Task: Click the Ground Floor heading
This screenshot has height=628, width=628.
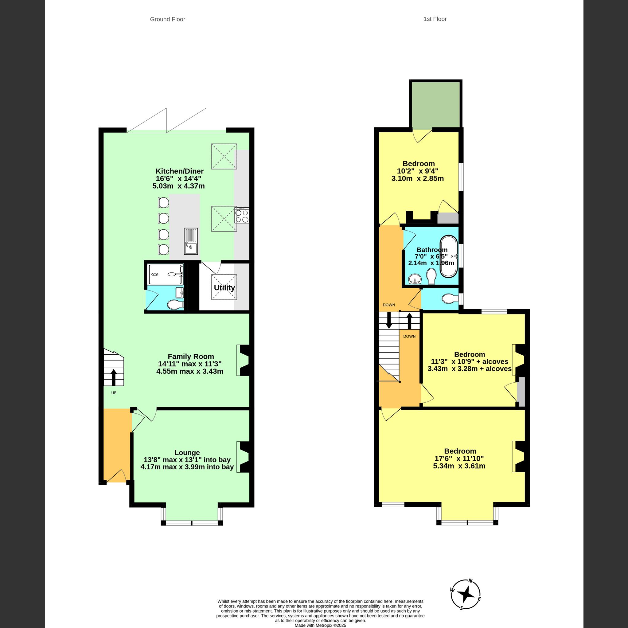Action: click(167, 19)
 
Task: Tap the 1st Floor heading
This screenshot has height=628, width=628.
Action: click(435, 19)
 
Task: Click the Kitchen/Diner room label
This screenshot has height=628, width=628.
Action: click(179, 171)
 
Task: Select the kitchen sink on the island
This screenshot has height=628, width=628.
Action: click(191, 241)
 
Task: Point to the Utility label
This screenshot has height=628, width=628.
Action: click(224, 288)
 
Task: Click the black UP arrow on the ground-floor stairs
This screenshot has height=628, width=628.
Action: click(113, 377)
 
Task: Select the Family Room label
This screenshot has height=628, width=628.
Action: click(191, 356)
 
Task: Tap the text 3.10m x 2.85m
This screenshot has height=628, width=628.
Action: click(417, 178)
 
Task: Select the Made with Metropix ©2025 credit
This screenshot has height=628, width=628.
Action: click(320, 625)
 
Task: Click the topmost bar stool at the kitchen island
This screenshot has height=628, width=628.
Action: click(163, 202)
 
